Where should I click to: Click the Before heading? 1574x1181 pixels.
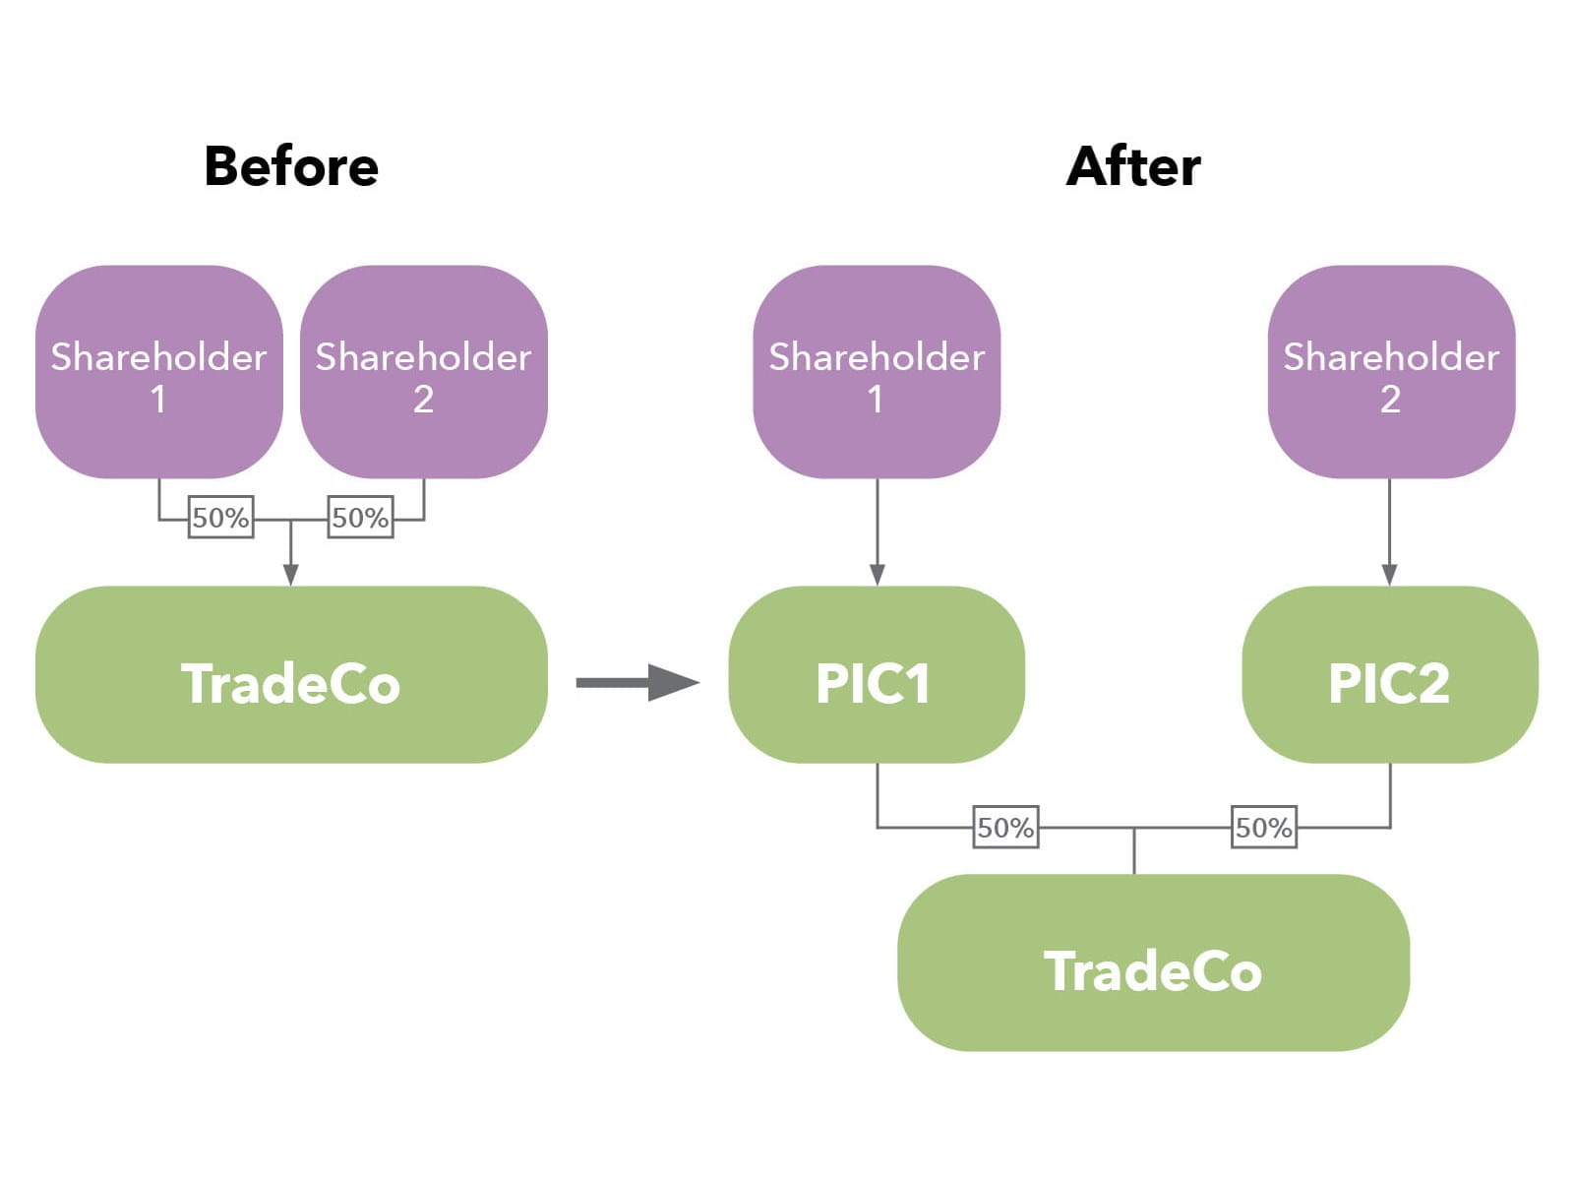tap(291, 166)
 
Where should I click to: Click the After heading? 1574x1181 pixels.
tap(1133, 166)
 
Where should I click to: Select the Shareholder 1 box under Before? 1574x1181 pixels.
tap(158, 372)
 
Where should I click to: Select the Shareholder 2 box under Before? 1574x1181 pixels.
tap(423, 372)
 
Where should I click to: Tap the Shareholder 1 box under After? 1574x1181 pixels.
tap(877, 372)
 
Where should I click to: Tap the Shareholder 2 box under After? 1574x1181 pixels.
tap(1390, 372)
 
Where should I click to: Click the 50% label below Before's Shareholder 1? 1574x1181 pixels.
tap(220, 518)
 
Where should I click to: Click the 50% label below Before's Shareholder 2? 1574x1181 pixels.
tap(360, 518)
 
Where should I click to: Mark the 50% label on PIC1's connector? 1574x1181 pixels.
tap(1005, 828)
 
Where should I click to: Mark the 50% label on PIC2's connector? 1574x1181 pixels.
tap(1264, 828)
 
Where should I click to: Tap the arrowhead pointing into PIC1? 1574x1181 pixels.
tap(877, 575)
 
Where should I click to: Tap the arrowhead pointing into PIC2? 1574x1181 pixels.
tap(1389, 575)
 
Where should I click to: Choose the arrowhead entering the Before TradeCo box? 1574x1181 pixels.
tap(290, 575)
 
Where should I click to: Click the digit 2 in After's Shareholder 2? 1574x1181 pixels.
tap(1390, 400)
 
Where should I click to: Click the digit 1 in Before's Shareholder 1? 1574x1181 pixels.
tap(157, 400)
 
